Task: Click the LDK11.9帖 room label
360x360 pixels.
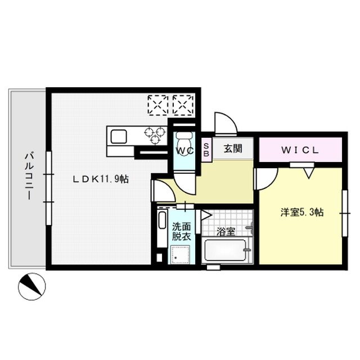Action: click(x=100, y=179)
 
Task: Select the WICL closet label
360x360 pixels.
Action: click(x=300, y=150)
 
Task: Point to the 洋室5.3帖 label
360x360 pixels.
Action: click(x=302, y=212)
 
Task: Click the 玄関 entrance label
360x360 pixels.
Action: click(x=232, y=150)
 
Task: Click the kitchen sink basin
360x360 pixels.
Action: click(x=119, y=136)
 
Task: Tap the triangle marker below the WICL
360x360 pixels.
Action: click(x=307, y=174)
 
